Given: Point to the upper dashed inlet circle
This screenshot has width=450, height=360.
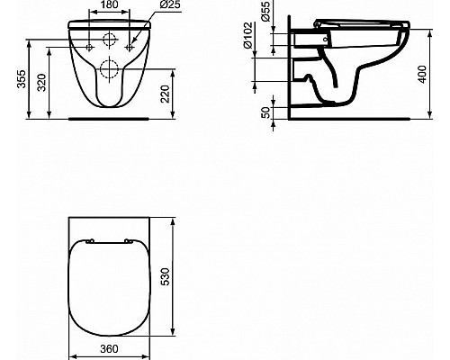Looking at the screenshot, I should coord(111,40).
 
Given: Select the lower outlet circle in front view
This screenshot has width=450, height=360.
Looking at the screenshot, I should coord(111,68).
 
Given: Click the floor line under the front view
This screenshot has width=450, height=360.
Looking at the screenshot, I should coord(111,118).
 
